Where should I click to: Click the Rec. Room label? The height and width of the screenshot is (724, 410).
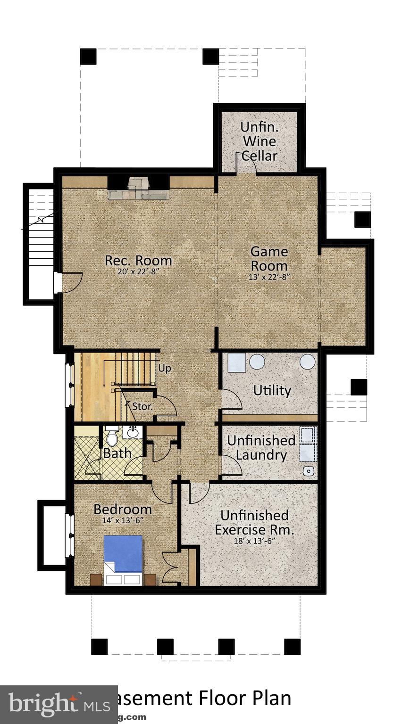click(138, 260)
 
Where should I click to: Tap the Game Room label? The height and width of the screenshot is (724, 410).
click(268, 258)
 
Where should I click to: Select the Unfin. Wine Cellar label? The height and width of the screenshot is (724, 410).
click(259, 141)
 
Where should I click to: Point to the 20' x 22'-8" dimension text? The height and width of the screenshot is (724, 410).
click(138, 271)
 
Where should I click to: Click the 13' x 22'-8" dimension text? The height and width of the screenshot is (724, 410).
click(268, 277)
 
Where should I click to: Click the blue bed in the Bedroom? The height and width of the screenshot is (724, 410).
click(123, 554)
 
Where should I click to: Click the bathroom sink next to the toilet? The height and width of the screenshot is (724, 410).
click(133, 431)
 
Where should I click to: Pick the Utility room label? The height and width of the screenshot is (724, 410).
click(272, 390)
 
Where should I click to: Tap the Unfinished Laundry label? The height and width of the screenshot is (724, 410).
click(261, 447)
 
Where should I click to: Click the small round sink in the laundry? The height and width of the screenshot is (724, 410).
click(309, 470)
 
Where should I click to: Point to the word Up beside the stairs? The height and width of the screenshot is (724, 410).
click(164, 368)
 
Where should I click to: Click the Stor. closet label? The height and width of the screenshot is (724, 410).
click(142, 406)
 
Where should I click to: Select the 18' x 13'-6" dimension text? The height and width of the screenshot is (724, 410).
click(254, 541)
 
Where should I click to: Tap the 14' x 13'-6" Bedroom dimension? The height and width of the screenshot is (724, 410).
click(122, 520)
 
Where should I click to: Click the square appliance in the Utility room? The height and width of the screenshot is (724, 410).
click(236, 362)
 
